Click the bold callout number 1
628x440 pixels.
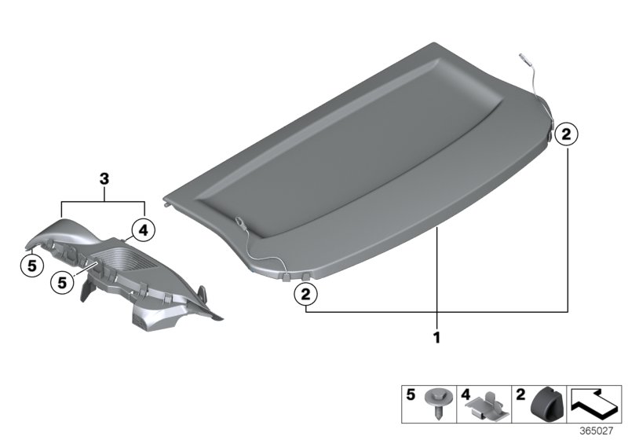[437, 339]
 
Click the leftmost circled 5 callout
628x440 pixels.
[31, 266]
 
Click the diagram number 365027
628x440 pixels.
[600, 431]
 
